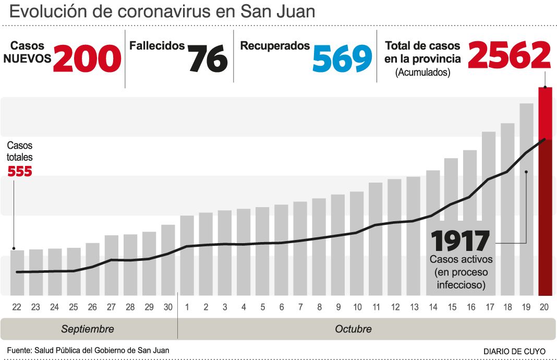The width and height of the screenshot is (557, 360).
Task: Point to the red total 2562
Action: coord(509,55)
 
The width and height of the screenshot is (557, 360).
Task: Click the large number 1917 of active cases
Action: coord(461,241)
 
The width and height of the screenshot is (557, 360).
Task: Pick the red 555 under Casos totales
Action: coord(20,171)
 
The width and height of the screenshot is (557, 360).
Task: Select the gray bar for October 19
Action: coord(526,198)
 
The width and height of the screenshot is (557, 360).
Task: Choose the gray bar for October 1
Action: coord(187,256)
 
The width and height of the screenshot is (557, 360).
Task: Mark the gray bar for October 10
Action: coord(357,243)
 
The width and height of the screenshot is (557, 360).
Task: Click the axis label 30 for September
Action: coord(168,307)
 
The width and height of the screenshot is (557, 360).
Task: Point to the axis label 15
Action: coord(451,307)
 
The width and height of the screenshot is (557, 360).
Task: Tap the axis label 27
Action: coord(111,307)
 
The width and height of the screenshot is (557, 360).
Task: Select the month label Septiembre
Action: coord(88,329)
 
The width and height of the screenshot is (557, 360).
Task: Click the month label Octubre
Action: coord(353,329)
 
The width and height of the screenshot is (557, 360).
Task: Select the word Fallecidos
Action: coord(157,46)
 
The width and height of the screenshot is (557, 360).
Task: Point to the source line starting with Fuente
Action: coord(88,350)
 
